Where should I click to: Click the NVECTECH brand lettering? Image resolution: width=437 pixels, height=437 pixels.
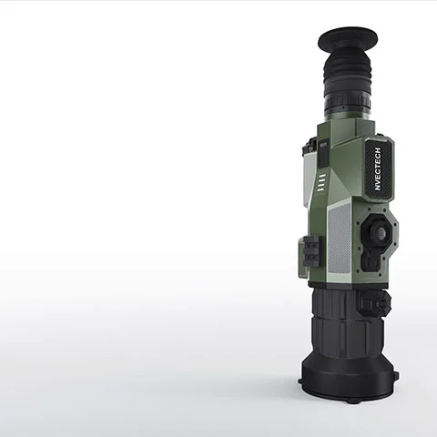pyautogui.click(x=378, y=168)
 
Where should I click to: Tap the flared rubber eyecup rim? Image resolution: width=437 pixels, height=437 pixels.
pyautogui.click(x=348, y=40)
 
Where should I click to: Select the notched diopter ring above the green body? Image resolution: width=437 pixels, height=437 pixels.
pyautogui.click(x=348, y=102)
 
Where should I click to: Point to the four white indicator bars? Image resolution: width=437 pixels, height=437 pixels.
pyautogui.click(x=322, y=182)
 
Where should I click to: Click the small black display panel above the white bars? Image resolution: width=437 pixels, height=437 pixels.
pyautogui.click(x=323, y=154)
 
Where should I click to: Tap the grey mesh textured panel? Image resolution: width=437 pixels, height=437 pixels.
pyautogui.click(x=340, y=239)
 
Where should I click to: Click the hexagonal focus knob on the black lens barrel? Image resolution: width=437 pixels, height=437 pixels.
pyautogui.click(x=375, y=303)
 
